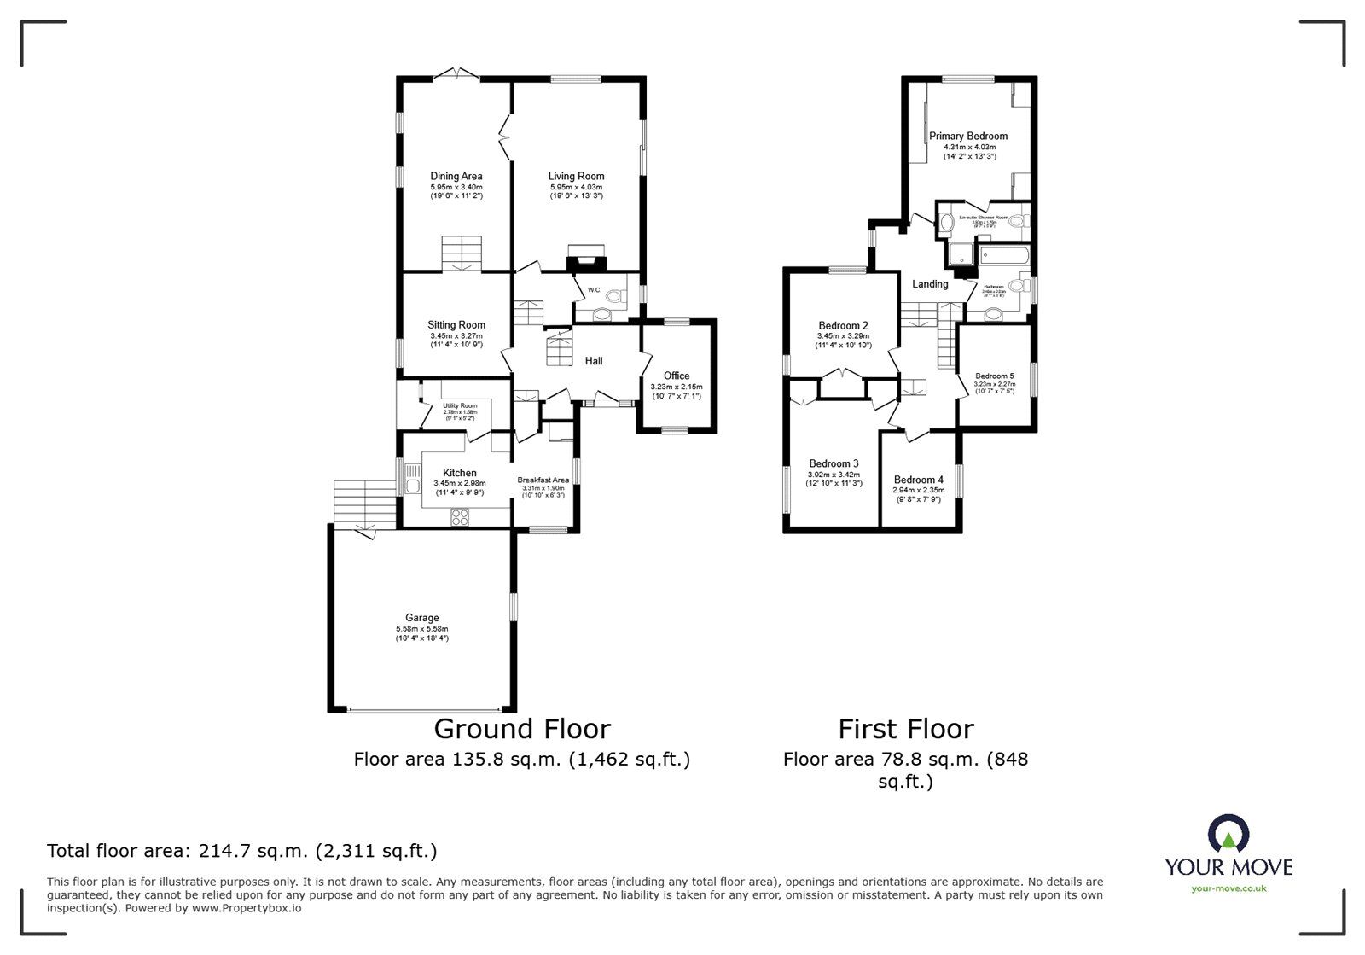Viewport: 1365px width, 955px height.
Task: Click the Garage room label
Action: (421, 618)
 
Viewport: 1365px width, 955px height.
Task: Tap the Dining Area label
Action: (456, 177)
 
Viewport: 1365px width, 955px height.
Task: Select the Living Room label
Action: (576, 177)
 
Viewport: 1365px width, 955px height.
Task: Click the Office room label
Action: (677, 376)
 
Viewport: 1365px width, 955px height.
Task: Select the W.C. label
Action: (595, 290)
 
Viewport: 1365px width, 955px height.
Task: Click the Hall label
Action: (594, 361)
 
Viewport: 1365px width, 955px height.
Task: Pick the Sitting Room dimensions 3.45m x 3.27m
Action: (456, 336)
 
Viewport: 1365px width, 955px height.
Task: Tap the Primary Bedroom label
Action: (968, 136)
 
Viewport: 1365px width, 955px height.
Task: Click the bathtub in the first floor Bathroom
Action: (1005, 255)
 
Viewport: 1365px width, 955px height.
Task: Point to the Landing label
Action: (930, 284)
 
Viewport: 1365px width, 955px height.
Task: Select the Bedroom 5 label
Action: (995, 376)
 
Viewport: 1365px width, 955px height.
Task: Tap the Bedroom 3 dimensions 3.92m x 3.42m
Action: (834, 475)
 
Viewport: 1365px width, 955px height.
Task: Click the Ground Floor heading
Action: (522, 729)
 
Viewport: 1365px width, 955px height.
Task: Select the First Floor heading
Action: (905, 729)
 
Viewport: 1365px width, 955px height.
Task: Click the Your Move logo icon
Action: (1228, 836)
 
